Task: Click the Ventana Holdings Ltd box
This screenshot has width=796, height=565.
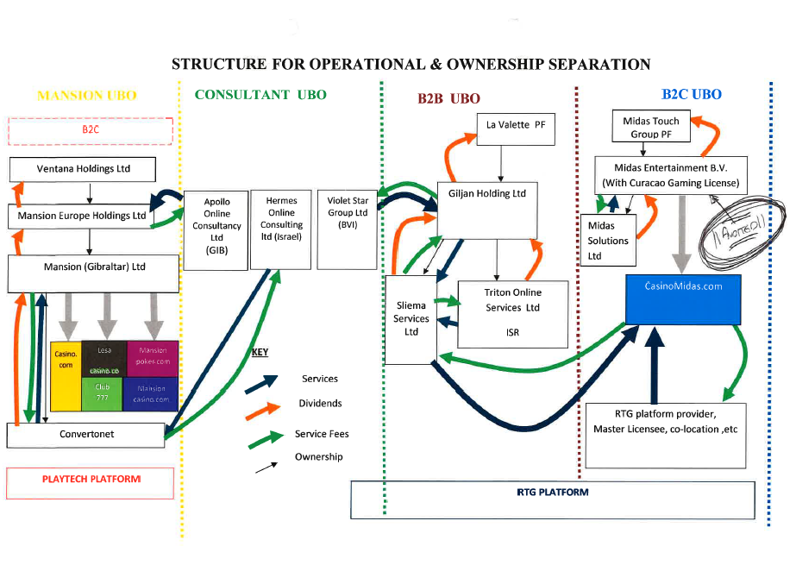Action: tap(83, 169)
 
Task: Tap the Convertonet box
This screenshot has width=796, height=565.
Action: tap(86, 435)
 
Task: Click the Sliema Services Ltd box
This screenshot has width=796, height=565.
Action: tap(411, 319)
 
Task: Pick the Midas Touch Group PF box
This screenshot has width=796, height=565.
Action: tap(651, 128)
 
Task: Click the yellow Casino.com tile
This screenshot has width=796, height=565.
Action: tap(66, 374)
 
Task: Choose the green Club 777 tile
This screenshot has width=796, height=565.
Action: tap(103, 395)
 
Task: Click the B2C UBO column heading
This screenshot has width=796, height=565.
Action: tap(692, 95)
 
